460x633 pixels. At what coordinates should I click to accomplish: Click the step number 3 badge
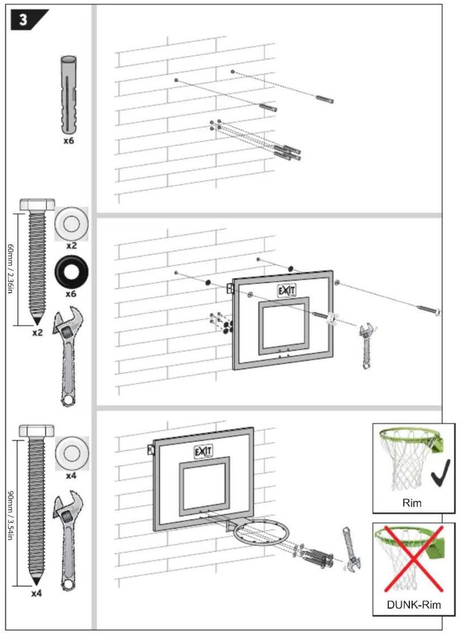click(x=26, y=20)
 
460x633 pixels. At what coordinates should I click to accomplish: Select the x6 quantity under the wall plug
click(x=69, y=141)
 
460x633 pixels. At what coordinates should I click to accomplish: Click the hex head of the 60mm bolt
click(x=37, y=205)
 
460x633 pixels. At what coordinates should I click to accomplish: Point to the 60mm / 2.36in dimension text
click(x=11, y=269)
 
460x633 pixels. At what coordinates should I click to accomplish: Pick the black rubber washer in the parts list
click(x=71, y=272)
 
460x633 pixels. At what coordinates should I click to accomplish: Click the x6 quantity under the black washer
click(x=71, y=294)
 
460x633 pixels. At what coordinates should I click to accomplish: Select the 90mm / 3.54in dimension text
click(x=11, y=515)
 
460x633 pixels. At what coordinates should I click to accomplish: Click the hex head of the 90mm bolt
click(x=37, y=431)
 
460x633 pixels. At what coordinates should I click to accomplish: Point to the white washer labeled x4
click(x=72, y=453)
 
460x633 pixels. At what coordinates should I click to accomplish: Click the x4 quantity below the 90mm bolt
click(x=37, y=593)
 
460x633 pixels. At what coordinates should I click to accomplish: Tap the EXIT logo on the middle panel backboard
click(x=287, y=290)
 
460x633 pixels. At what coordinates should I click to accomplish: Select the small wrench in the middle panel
click(x=366, y=346)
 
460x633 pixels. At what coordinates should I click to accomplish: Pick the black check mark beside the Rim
click(x=440, y=473)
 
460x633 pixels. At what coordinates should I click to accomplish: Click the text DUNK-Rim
click(x=413, y=605)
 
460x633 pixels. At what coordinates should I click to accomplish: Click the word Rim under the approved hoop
click(x=412, y=503)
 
